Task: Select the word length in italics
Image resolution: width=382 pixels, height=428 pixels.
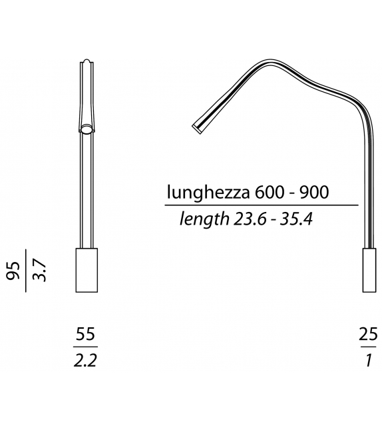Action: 203,219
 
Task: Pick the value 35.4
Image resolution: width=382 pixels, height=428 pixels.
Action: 296,219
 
